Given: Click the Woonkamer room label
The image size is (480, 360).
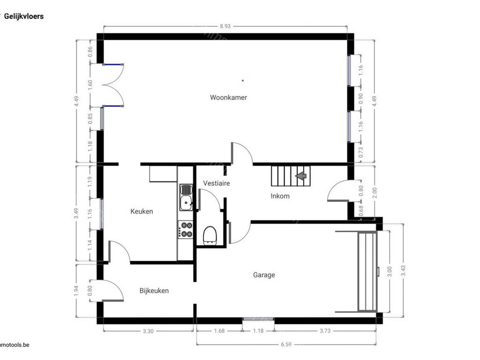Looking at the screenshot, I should coord(228,97).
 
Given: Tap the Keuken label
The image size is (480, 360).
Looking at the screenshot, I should coord(142,211).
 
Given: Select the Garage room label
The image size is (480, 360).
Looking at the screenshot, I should coord(264,275).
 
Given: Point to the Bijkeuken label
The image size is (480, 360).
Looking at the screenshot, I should coord(154,291).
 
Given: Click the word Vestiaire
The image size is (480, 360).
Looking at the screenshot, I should coord(216,183).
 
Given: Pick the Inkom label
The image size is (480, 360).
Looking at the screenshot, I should coord(280,196).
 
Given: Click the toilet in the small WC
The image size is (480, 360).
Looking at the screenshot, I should coord(209,235).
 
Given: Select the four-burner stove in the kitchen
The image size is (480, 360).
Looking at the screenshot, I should coord(186,230).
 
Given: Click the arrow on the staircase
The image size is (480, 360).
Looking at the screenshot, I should coord(300,176).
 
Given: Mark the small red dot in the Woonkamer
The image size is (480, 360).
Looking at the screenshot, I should coord(243,81).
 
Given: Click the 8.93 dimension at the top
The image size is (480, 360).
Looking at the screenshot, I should coord(225,27).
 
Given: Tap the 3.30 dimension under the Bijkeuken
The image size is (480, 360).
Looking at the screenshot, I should coord(148,331).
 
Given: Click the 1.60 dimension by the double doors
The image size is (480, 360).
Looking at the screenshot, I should coord(90,85).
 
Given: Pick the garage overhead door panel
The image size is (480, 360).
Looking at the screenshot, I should coord(367,271).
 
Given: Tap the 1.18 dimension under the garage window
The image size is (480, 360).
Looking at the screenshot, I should coord(258,331).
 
